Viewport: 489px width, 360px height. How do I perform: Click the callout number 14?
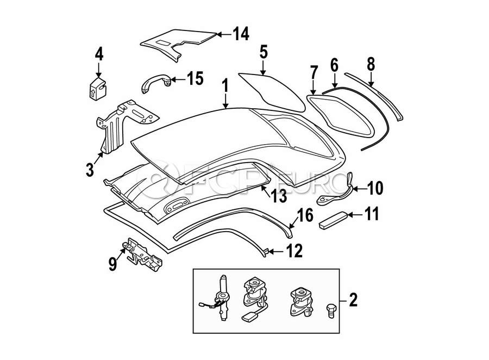click(x=240, y=34)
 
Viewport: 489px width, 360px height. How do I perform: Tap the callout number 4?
click(x=98, y=54)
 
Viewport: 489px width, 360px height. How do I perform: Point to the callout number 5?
click(x=264, y=53)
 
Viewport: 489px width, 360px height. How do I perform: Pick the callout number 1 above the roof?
click(x=225, y=86)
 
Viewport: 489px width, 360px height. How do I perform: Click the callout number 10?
click(x=375, y=188)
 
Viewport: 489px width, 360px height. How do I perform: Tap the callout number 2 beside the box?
click(x=354, y=299)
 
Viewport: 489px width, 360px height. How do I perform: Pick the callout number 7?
click(x=314, y=73)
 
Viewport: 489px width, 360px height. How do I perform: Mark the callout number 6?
click(x=334, y=66)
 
